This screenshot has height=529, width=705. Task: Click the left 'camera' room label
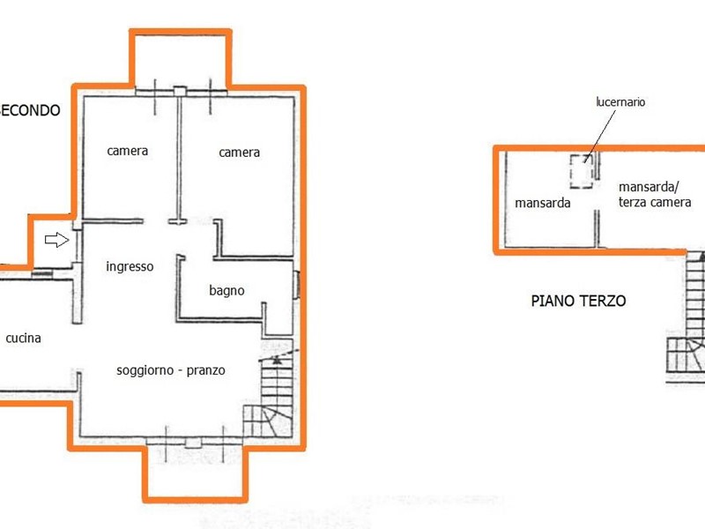[127, 151]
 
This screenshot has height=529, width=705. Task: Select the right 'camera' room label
[239, 153]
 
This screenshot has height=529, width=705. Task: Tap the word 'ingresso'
[130, 267]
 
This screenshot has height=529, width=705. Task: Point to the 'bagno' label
[226, 291]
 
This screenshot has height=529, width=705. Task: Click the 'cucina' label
[24, 338]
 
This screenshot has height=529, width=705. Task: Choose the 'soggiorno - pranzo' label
[171, 370]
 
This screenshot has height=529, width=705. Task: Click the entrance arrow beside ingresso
[57, 240]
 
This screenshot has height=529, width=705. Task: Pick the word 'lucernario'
[620, 102]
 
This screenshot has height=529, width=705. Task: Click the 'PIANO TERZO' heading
[578, 301]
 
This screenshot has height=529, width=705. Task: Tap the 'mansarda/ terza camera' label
[655, 194]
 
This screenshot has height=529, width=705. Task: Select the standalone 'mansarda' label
[542, 203]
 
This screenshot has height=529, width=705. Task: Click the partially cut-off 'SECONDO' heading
[30, 110]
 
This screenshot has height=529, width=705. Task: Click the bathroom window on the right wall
[297, 285]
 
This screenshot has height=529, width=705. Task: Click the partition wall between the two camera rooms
[180, 158]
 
